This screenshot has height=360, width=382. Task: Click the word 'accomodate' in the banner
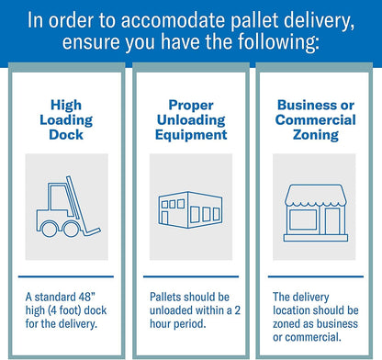coord(174,21)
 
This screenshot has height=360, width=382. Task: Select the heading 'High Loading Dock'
coord(66,120)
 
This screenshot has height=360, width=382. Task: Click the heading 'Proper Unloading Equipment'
coord(191,120)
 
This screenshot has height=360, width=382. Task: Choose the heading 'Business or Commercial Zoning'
coord(316,120)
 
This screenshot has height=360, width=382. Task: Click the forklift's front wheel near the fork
coord(72,230)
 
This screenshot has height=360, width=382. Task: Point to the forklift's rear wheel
coord(49,230)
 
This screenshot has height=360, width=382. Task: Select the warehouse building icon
coord(190,209)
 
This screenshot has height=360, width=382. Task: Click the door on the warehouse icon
coord(164,218)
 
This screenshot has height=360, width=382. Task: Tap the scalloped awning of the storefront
coord(315,196)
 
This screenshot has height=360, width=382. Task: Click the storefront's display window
coord(303,219)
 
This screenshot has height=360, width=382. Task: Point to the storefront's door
coord(332,221)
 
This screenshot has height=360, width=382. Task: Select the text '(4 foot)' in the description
coord(65,310)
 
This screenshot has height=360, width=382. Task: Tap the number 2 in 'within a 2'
coord(237,310)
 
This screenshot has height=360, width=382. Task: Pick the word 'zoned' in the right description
coord(286,324)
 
